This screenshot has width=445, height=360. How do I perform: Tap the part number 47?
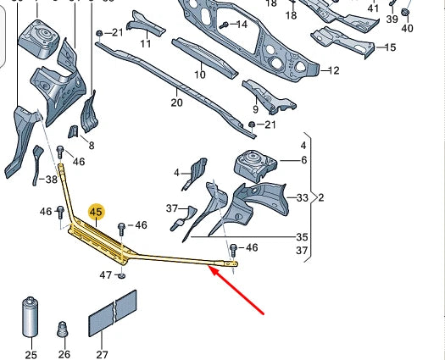106,274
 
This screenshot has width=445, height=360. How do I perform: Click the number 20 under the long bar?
176,102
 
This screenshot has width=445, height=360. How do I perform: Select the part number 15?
390,47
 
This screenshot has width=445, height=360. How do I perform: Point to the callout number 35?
303,237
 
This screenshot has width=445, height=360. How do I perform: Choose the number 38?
51,180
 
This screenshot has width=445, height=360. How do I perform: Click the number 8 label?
91,146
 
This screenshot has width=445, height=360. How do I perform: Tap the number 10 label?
200,75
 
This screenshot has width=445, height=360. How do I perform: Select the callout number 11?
146,43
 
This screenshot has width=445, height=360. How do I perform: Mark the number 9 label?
254,109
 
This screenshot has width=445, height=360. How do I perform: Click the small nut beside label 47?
123,274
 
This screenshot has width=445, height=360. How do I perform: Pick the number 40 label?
407,29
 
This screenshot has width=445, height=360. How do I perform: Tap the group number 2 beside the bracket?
320,198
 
